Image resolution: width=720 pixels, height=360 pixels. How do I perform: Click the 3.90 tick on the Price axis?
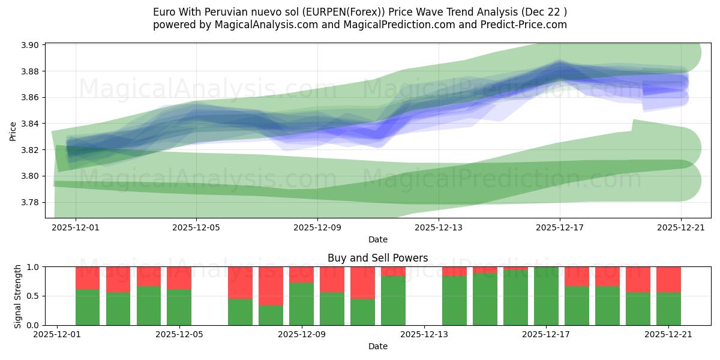click(x=31, y=45)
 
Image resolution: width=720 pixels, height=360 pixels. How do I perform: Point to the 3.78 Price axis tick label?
click(x=31, y=202)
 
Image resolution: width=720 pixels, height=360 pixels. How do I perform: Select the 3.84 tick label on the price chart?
click(x=31, y=124)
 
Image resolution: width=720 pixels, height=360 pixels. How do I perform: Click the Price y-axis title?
click(x=13, y=130)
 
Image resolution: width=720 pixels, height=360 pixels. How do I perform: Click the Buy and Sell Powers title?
click(x=377, y=258)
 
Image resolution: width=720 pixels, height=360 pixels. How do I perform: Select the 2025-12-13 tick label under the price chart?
click(x=439, y=227)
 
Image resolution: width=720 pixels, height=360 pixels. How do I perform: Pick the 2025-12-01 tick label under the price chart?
click(x=76, y=227)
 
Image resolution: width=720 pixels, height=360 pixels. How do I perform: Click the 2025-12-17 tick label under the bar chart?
click(x=547, y=335)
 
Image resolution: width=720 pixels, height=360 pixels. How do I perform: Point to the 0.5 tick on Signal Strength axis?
click(x=33, y=296)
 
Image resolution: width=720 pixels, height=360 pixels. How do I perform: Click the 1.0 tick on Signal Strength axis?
click(x=33, y=267)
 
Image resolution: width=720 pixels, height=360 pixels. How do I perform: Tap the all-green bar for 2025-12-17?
click(x=546, y=296)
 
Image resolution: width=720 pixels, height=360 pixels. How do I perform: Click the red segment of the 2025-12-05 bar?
click(x=179, y=278)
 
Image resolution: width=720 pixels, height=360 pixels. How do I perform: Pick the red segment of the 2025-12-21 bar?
click(x=668, y=279)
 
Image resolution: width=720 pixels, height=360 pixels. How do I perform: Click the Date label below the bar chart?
click(x=377, y=346)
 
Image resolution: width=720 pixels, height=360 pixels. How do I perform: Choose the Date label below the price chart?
click(x=377, y=239)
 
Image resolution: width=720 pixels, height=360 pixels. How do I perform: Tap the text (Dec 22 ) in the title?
click(x=544, y=11)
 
